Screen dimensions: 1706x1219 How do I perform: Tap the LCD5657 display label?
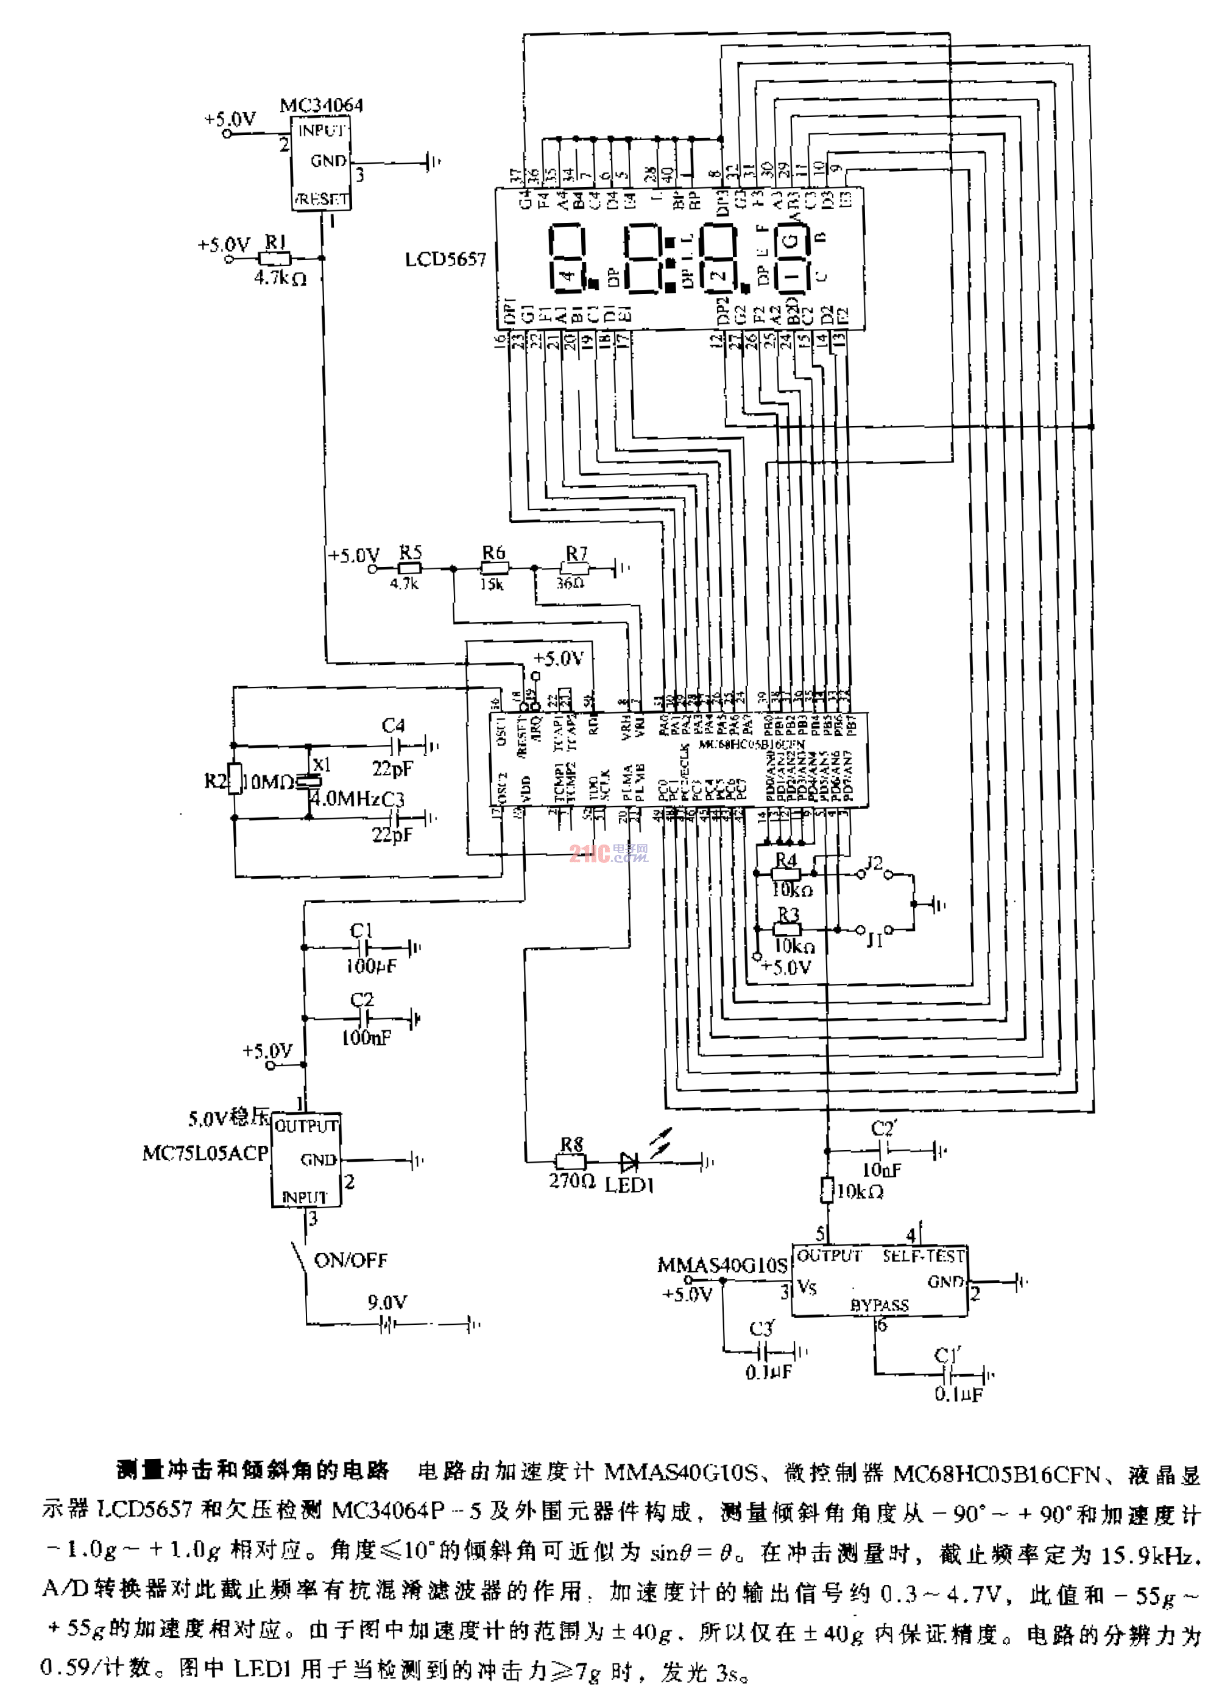coord(446,259)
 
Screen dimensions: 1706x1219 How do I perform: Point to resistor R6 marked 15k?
coord(494,569)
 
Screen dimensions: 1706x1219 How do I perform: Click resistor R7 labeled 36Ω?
coord(576,569)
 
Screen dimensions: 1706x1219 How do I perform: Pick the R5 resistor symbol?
coord(410,569)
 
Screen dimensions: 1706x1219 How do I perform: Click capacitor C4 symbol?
coord(398,746)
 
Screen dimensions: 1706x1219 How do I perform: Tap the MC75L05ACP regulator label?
coord(205,1153)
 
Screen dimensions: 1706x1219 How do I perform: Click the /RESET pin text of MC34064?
coord(321,200)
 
